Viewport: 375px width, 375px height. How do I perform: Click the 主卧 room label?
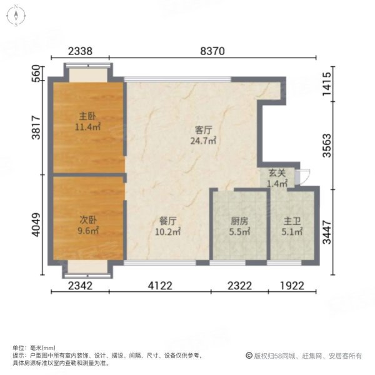pyautogui.click(x=87, y=116)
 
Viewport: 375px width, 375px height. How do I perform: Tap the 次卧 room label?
pyautogui.click(x=87, y=219)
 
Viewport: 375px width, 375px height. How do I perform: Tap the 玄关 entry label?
pyautogui.click(x=277, y=174)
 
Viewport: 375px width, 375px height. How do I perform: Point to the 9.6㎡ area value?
pyautogui.click(x=88, y=231)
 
